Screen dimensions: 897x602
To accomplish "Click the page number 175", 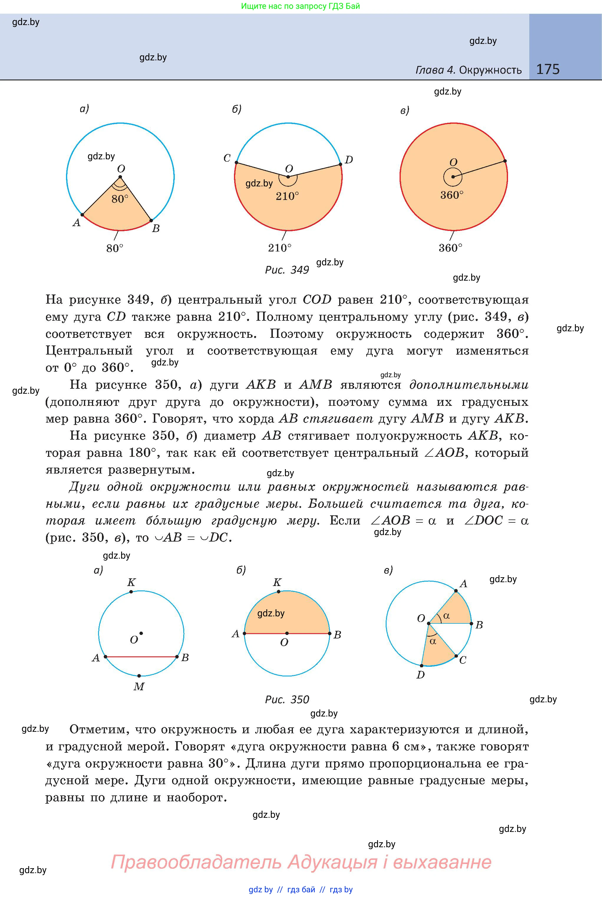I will [x=547, y=69].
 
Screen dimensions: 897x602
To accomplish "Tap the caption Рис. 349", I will [x=287, y=270].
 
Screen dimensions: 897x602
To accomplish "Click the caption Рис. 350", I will [x=287, y=699].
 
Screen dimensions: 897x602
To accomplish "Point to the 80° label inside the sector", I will [x=120, y=199].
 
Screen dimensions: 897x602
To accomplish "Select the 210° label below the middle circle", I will [x=280, y=248].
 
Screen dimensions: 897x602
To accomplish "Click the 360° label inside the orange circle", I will [x=452, y=195].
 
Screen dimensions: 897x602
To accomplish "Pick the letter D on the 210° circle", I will [x=349, y=160].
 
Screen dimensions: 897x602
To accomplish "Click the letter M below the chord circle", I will [x=138, y=687].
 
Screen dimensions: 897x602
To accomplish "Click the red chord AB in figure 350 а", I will [x=141, y=657].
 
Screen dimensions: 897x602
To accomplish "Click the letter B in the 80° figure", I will [x=156, y=229].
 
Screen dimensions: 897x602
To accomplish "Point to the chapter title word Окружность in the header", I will [x=490, y=70].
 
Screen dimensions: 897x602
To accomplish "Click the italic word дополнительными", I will [x=469, y=385].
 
